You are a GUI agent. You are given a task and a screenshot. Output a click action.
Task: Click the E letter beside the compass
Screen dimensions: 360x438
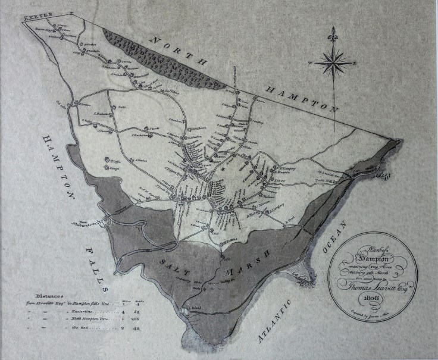point(355,62)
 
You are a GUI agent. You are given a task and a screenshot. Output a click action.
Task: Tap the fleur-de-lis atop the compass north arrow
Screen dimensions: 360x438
point(333,31)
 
